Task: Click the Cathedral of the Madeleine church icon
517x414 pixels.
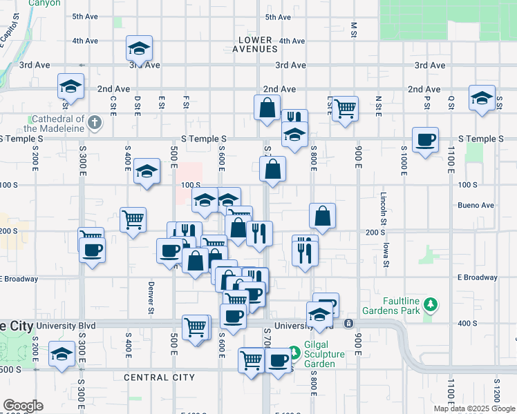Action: click(95, 124)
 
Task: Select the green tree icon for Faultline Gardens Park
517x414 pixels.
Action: click(431, 304)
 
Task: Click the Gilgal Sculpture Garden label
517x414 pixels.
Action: click(316, 358)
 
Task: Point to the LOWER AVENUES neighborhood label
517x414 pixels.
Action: click(257, 44)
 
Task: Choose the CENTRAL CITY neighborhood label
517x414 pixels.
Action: click(159, 377)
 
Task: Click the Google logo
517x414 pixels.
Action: click(22, 406)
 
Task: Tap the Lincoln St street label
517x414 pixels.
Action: click(382, 210)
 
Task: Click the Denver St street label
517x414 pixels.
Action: click(150, 297)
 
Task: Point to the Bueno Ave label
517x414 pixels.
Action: click(476, 206)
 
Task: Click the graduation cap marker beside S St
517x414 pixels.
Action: click(482, 97)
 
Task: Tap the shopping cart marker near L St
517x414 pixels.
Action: click(344, 108)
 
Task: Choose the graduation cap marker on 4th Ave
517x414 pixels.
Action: click(139, 48)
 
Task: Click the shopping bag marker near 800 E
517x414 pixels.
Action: click(322, 215)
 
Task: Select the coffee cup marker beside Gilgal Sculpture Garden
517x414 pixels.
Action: click(279, 360)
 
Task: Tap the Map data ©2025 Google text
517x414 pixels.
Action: click(473, 408)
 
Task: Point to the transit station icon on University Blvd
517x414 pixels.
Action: click(348, 323)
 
